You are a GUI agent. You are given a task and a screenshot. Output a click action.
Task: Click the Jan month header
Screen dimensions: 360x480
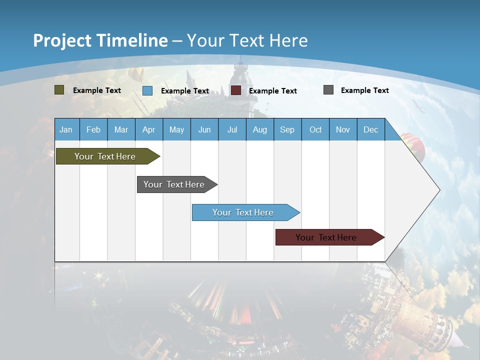tap(66, 129)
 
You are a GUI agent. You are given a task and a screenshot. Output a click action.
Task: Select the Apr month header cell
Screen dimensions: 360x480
tap(148, 129)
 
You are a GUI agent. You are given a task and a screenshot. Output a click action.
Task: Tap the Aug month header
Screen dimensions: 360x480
tap(259, 129)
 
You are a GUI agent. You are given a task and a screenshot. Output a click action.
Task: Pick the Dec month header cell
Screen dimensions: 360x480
tap(370, 129)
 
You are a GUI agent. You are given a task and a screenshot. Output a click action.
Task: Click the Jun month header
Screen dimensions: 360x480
tap(204, 129)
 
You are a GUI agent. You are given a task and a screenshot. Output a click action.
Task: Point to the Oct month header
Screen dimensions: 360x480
tap(315, 129)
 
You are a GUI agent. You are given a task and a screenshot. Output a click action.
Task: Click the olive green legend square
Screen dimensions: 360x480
tap(59, 90)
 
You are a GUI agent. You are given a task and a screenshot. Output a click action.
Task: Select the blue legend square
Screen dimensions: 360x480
tap(147, 90)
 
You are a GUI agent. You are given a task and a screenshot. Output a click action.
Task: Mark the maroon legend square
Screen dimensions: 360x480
tap(236, 90)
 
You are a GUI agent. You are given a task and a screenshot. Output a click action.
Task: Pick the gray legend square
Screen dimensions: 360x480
tap(328, 90)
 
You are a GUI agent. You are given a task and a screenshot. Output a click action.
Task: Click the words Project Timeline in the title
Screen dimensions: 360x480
tap(100, 40)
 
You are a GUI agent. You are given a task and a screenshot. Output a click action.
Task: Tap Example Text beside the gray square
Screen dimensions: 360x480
tap(364, 90)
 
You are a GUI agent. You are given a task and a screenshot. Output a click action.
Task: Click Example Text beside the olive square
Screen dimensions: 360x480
tap(96, 90)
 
